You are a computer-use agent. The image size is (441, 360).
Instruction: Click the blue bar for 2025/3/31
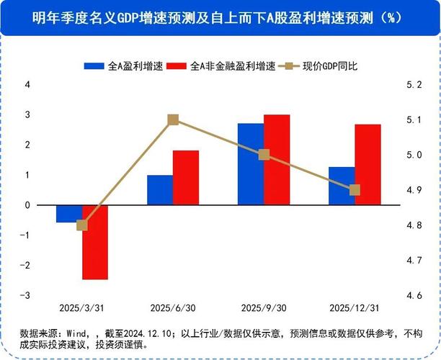click(69, 214)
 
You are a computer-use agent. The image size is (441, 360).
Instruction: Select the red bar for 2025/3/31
click(94, 242)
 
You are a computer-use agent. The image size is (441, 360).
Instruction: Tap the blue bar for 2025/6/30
click(160, 190)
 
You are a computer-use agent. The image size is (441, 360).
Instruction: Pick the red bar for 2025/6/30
click(185, 178)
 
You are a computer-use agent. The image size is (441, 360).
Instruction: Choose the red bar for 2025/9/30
click(276, 160)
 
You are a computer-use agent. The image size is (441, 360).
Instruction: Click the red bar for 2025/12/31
click(367, 165)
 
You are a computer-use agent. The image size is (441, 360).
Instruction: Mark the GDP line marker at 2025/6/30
click(173, 120)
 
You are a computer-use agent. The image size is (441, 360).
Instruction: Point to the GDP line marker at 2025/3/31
click(81, 225)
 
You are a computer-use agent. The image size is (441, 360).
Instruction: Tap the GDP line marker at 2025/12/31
click(354, 190)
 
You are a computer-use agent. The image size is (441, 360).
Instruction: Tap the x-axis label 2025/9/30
click(263, 308)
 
